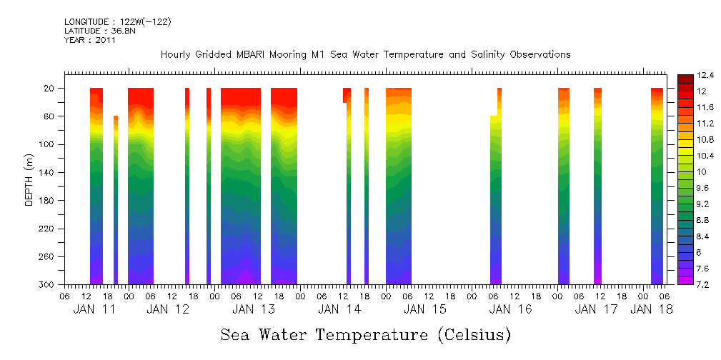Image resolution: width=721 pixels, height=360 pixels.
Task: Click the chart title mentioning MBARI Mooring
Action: click(365, 54)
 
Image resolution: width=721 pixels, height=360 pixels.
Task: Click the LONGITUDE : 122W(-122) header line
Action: click(117, 22)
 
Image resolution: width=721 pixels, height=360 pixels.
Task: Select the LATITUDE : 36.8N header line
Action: click(98, 31)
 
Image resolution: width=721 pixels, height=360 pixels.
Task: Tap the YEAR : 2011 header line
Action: click(90, 40)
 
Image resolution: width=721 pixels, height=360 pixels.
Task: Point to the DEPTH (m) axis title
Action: click(29, 179)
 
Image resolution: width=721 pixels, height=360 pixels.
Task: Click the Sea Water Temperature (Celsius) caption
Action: click(365, 334)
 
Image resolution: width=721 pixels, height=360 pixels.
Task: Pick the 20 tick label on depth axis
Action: click(49, 89)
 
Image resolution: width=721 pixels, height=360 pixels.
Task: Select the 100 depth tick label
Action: click(47, 144)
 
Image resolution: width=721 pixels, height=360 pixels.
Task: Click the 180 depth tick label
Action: click(47, 201)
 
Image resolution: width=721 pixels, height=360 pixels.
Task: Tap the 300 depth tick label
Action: click(47, 285)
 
